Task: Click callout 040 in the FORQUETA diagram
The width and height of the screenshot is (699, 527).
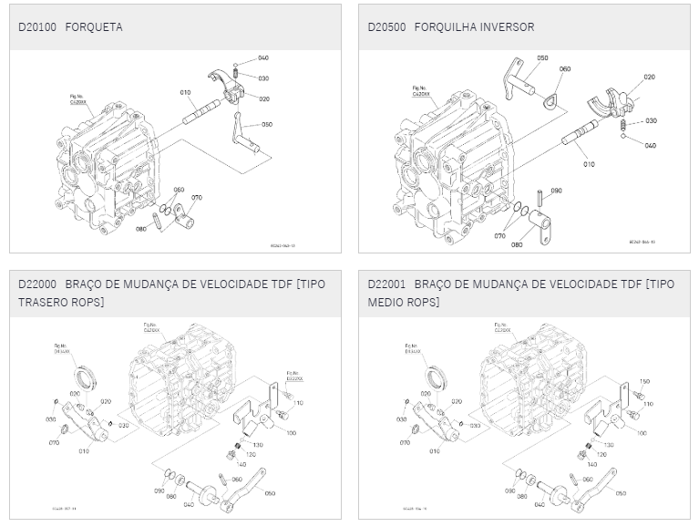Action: (x=263, y=57)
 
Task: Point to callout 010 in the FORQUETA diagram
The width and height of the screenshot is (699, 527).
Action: (x=185, y=92)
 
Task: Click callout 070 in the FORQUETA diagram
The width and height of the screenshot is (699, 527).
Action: (x=197, y=197)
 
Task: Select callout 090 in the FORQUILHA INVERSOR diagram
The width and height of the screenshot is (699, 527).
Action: (x=556, y=191)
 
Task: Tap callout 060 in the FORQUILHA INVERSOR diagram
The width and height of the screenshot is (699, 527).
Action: (x=565, y=69)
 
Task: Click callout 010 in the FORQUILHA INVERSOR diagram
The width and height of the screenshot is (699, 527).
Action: (x=588, y=164)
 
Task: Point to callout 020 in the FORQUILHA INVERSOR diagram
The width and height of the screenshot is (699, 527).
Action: (x=649, y=77)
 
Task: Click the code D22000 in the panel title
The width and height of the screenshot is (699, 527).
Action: (x=37, y=284)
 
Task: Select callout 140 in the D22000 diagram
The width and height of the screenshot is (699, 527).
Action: (x=244, y=463)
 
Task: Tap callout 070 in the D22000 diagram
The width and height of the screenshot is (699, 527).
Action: (x=54, y=442)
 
